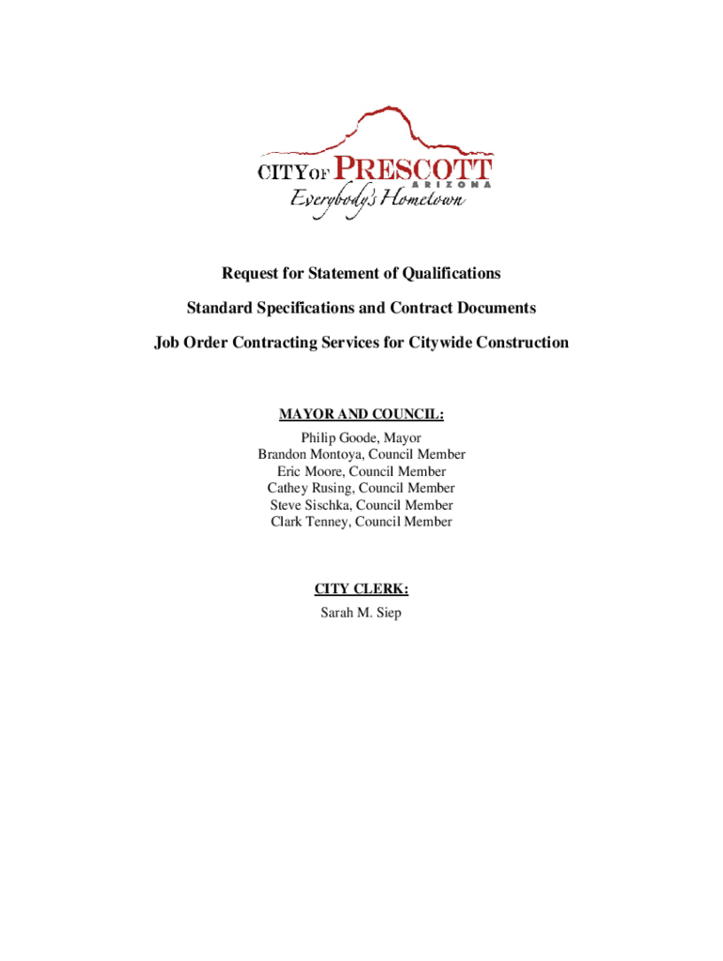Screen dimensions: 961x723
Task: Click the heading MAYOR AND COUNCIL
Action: (x=361, y=414)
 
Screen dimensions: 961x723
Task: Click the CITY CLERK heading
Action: (x=361, y=589)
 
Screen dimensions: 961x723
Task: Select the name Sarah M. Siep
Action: (x=361, y=615)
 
